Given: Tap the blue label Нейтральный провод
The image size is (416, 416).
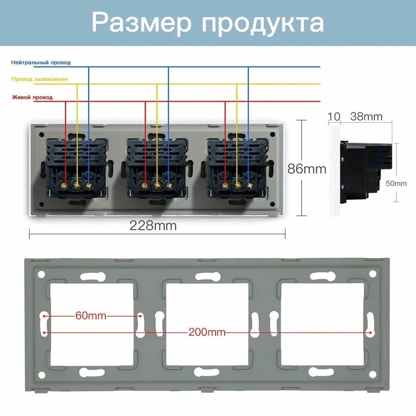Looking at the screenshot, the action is point(41,62).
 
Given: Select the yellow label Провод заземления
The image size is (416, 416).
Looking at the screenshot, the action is point(40,79).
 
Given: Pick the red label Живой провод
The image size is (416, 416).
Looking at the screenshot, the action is point(32,97).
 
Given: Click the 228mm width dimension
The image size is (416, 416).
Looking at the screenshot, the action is point(153,225).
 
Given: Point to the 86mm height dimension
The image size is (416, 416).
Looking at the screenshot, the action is point(307,169).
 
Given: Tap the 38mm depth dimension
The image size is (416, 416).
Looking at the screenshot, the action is point(366,116).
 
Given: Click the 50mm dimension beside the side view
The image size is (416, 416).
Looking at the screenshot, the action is point(396,183).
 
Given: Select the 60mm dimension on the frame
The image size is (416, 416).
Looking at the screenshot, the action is point(91,316).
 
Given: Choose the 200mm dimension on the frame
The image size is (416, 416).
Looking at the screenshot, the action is point(207,332).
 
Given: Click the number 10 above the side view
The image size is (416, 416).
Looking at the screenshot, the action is point(334,116).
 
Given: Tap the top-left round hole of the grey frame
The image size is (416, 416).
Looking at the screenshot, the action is point(42,274).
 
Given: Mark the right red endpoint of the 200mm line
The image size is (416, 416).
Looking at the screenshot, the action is point(370,332).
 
